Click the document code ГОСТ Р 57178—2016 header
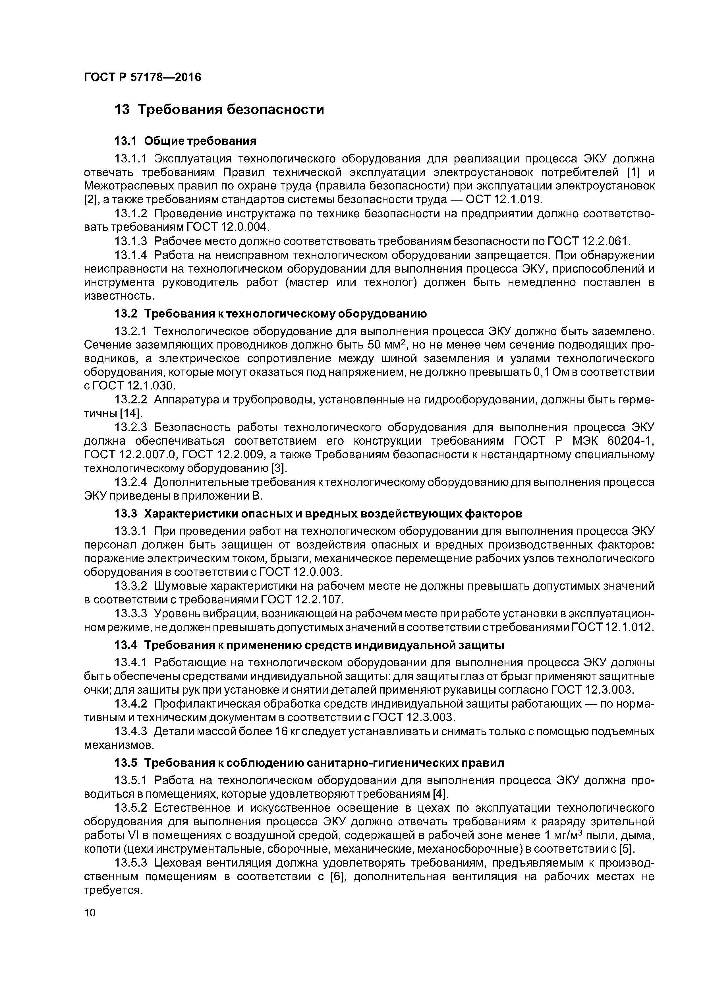coord(142,77)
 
